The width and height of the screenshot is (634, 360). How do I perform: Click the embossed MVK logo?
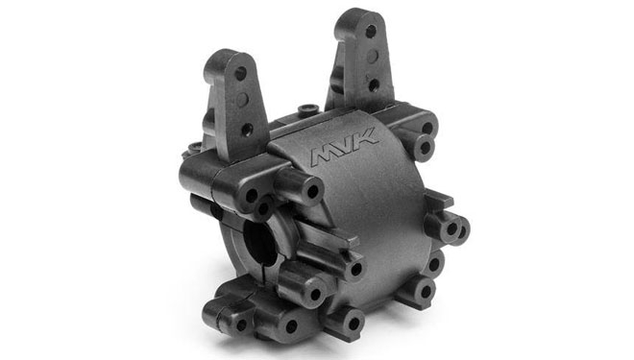[345, 147]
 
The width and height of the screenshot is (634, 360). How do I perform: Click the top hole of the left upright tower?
[240, 73]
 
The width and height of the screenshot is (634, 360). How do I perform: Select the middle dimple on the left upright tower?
[243, 100]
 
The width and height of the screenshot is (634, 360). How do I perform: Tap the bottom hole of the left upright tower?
[246, 130]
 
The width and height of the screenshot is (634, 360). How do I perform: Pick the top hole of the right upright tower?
[371, 31]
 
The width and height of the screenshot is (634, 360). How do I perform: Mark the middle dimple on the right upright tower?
[373, 57]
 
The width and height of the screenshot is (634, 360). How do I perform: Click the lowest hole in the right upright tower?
[374, 84]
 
